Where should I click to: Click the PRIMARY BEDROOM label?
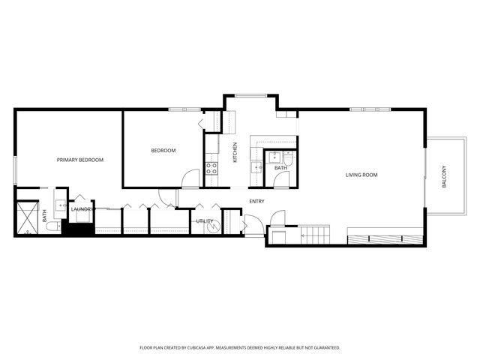click(80, 160)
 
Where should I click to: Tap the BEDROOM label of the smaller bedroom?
click(163, 151)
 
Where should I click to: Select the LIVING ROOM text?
click(361, 175)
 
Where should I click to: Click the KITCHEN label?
click(235, 153)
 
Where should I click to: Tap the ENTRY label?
click(256, 201)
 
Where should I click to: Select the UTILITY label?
click(204, 221)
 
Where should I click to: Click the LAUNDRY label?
click(81, 209)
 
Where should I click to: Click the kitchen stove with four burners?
click(211, 169)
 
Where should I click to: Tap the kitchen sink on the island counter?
click(256, 166)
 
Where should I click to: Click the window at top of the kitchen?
click(250, 95)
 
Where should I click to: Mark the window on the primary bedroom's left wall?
click(15, 169)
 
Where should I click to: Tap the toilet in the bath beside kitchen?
click(288, 157)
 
